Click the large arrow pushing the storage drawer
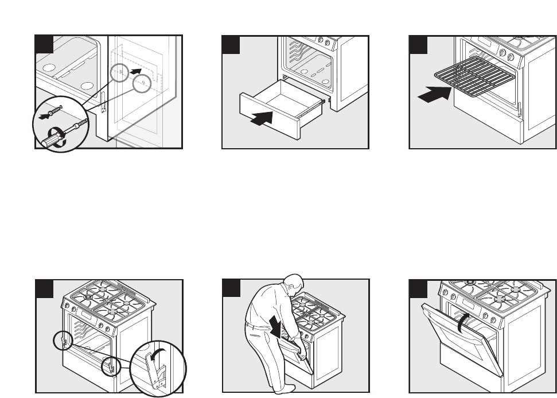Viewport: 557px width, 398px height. point(261,118)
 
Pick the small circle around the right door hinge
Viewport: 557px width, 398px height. point(111,364)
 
